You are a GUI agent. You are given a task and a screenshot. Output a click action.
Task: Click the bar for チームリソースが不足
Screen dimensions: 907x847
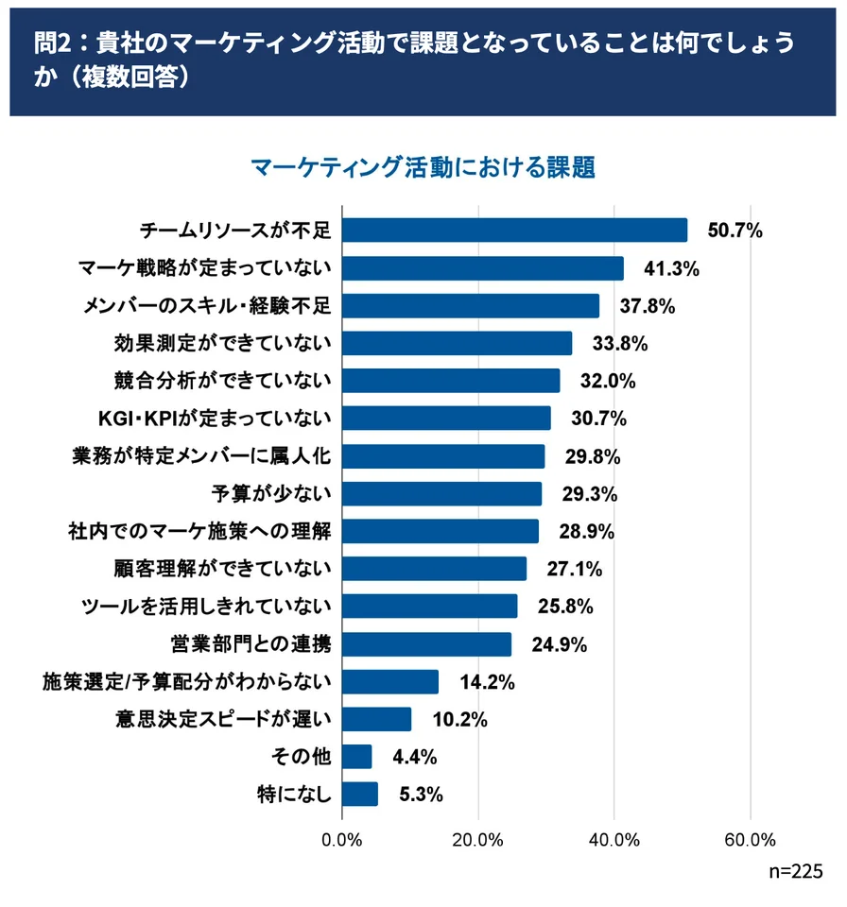coord(514,231)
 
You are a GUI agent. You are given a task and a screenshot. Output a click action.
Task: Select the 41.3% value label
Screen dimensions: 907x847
coord(671,268)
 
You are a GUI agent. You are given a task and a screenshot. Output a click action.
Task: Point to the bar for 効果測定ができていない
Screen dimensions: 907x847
coord(457,343)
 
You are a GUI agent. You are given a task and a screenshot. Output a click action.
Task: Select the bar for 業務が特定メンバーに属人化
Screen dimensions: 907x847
coord(443,456)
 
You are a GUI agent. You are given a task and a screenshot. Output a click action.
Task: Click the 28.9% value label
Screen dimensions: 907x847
coord(586,532)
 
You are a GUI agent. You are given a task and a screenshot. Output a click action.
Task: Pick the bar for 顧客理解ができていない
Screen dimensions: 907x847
coord(434,569)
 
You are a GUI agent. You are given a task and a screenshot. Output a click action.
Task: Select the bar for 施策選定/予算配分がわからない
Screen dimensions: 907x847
coord(390,682)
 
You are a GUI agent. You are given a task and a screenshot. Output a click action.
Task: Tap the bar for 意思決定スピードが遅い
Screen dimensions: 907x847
coord(376,719)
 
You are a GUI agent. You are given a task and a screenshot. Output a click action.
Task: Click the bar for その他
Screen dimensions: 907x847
coord(356,757)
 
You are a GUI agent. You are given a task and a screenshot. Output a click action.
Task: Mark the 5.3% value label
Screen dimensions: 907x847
coord(421,795)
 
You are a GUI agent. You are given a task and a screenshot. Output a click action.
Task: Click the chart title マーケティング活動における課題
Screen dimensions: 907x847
coord(423,167)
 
